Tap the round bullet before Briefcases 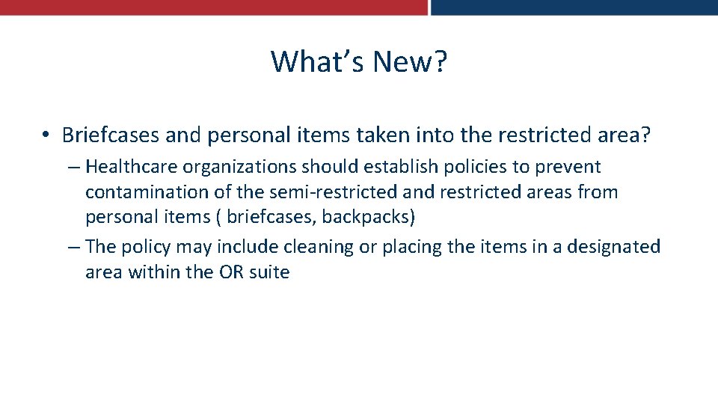click(x=46, y=135)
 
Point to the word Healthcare click(x=129, y=167)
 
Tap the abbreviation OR click(x=231, y=272)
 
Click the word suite click(x=270, y=272)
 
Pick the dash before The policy click(x=73, y=247)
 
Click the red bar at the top click(x=213, y=7)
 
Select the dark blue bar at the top click(x=574, y=7)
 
